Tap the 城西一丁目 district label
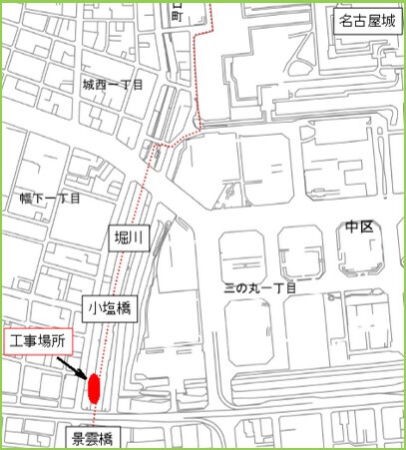coord(113,85)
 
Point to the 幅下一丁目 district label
coord(50,199)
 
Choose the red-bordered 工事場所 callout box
coord(37,341)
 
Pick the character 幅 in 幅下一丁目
coord(25,199)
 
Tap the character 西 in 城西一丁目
coord(100,85)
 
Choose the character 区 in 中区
coord(366,227)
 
